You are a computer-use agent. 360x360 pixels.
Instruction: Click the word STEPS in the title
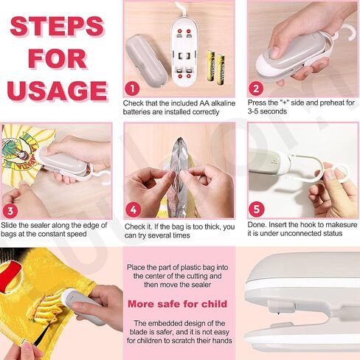point(58,26)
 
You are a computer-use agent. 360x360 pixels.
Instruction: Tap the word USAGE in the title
point(58,90)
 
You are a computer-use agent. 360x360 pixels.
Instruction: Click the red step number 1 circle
point(132,89)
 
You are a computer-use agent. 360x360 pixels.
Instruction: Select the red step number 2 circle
point(256,89)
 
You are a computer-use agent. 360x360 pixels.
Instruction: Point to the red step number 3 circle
point(10,211)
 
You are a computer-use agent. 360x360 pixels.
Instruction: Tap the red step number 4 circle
point(134,210)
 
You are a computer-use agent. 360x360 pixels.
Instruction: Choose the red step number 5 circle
point(257,210)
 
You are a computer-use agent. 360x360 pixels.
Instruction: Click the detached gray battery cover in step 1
point(147,60)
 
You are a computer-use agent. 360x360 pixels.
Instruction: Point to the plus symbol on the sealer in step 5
point(274,162)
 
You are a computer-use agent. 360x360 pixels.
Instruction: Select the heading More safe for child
point(177,304)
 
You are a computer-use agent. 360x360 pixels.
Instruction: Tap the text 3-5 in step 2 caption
point(254,111)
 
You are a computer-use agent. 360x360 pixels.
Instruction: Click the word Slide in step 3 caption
point(8,225)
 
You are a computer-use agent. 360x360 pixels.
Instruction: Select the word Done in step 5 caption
point(256,225)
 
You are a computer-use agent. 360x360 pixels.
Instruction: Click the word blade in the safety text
point(139,332)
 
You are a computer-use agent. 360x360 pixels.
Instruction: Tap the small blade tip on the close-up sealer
point(278,315)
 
